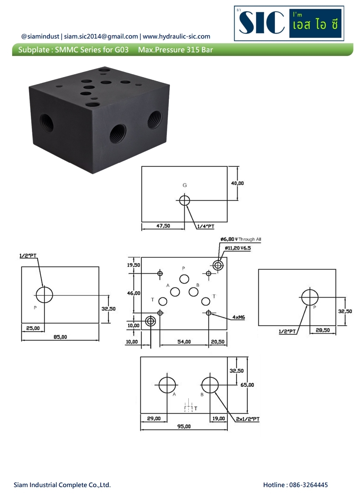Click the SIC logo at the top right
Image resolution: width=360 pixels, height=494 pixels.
(x=289, y=23)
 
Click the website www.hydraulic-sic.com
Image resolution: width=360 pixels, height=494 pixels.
(x=177, y=37)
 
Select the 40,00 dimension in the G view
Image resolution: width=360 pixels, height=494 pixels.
(x=237, y=183)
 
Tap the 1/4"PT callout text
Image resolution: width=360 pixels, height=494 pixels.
(x=205, y=227)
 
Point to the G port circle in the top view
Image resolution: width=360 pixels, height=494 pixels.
(x=185, y=200)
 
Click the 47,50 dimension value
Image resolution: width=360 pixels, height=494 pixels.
(x=163, y=226)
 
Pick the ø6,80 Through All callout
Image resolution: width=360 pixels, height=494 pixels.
(x=241, y=239)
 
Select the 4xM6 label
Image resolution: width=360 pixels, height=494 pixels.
(x=239, y=318)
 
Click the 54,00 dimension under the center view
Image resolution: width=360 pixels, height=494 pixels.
(x=184, y=342)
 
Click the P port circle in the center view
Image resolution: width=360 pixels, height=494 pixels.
(x=184, y=278)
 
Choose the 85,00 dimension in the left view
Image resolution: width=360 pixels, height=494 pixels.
(x=60, y=337)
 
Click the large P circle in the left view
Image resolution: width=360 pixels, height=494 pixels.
(x=44, y=295)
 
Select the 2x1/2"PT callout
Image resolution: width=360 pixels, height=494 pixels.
(x=248, y=419)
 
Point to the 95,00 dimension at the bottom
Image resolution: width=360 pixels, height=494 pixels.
(x=184, y=427)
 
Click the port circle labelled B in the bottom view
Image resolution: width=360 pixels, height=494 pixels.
(x=210, y=384)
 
